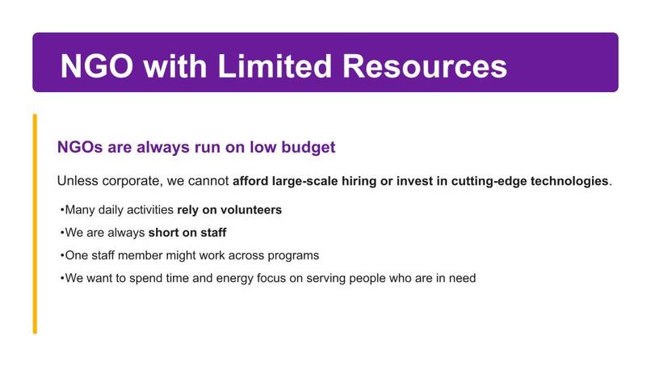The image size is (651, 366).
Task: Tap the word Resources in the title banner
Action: [426, 65]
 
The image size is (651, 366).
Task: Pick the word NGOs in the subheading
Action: [78, 149]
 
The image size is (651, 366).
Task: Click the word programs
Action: [292, 255]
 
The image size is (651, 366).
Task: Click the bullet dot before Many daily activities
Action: [61, 211]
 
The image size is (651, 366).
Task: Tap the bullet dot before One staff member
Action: [61, 256]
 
